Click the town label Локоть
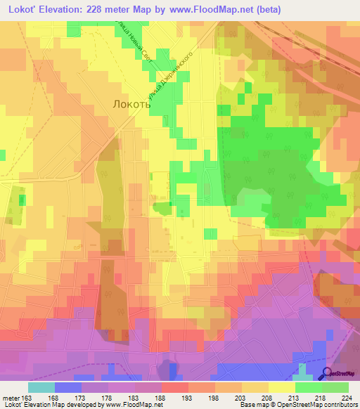(131, 103)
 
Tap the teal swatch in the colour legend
(41, 387)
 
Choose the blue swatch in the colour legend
(68, 387)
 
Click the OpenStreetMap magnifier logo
(328, 374)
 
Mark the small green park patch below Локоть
(163, 208)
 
